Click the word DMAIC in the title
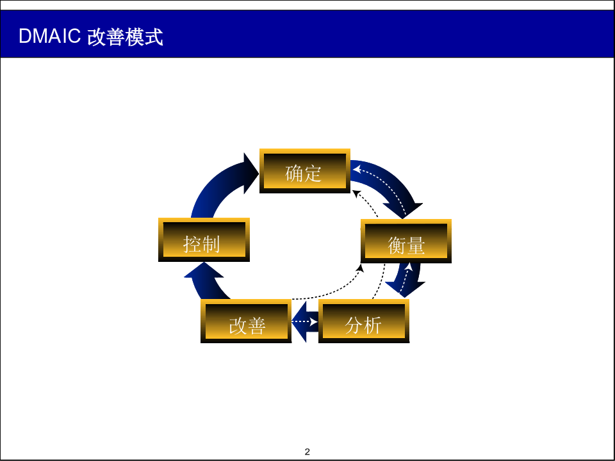pos(49,36)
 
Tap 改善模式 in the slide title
pos(125,37)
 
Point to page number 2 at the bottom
pos(307,451)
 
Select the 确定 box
pos(305,171)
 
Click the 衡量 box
pos(406,241)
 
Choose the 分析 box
pos(364,321)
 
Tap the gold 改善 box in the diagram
pos(246,321)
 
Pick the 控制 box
pos(204,239)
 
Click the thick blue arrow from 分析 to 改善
pos(305,321)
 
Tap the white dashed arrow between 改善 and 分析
pos(305,321)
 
